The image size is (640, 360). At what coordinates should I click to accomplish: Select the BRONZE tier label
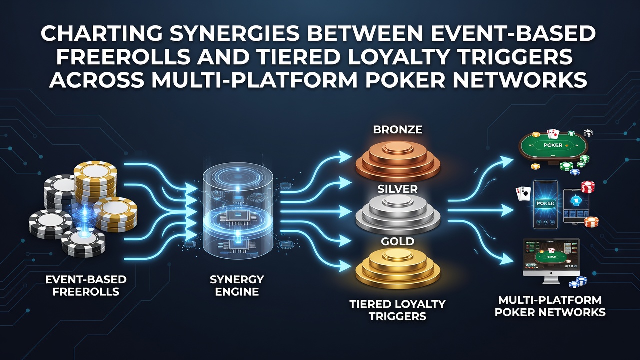click(397, 130)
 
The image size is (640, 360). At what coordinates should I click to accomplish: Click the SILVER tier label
click(397, 189)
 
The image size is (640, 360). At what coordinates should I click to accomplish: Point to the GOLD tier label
click(397, 241)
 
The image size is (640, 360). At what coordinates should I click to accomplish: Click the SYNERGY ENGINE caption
click(237, 285)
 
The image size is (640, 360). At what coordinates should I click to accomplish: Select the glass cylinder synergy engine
click(238, 213)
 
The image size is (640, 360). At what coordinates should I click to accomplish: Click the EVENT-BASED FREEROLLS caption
click(86, 285)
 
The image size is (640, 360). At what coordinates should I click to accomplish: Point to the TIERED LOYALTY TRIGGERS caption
click(397, 310)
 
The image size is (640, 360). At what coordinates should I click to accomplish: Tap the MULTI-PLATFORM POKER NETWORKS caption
click(550, 306)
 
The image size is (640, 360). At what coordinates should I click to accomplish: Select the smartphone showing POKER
click(545, 204)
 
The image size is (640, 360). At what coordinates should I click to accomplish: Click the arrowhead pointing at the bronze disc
click(344, 156)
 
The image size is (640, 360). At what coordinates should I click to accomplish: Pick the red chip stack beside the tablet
click(588, 187)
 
